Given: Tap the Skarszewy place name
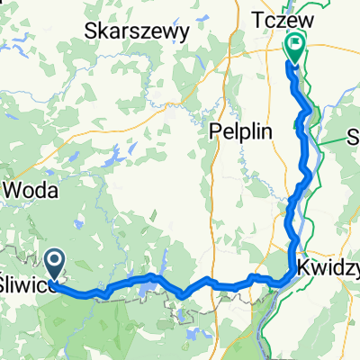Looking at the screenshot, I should click(137, 31).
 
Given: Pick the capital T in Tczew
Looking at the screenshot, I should click(256, 20).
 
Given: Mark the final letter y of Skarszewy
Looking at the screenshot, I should click(184, 33).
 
